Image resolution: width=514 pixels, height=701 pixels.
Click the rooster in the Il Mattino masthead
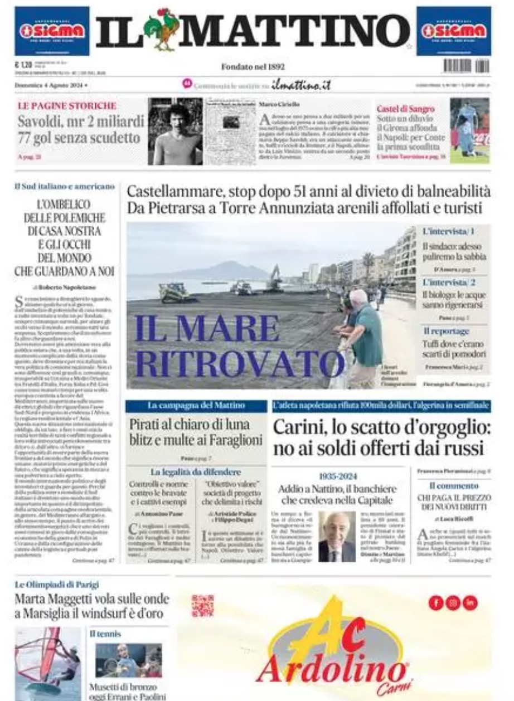click(162, 28)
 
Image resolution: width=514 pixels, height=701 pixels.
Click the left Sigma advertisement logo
click(51, 31)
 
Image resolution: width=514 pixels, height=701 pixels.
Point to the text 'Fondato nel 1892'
click(253, 67)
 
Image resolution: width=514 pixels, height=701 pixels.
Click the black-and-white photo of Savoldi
click(175, 132)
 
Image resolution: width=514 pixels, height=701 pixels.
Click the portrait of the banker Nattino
click(336, 536)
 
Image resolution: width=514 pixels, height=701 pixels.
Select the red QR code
click(202, 606)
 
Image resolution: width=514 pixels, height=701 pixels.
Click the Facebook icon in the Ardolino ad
click(436, 602)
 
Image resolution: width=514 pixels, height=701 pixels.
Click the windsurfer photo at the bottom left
click(48, 663)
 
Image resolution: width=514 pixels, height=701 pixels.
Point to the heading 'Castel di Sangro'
click(405, 109)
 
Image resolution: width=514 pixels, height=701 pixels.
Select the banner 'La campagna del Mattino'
click(196, 406)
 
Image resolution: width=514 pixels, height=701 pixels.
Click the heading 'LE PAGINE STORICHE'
click(67, 105)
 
